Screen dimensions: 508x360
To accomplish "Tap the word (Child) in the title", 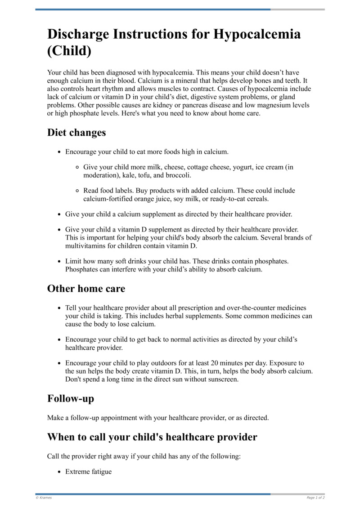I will (x=69, y=51).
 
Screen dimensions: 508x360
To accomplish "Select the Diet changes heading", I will (x=76, y=133).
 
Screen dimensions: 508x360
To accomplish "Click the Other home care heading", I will (x=86, y=288).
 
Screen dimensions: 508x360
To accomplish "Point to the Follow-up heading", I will (x=71, y=398).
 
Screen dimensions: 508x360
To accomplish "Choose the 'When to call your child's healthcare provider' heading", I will (x=152, y=437).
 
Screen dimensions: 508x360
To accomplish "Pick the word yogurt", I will (x=242, y=167).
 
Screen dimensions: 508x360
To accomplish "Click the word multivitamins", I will (x=86, y=246).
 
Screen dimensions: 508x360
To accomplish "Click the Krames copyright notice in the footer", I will (x=44, y=498).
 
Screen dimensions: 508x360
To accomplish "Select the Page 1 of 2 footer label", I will (x=315, y=498).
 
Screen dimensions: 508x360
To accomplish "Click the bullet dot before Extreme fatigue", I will (x=59, y=472).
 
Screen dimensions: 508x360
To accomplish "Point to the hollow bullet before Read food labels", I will (x=77, y=191).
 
